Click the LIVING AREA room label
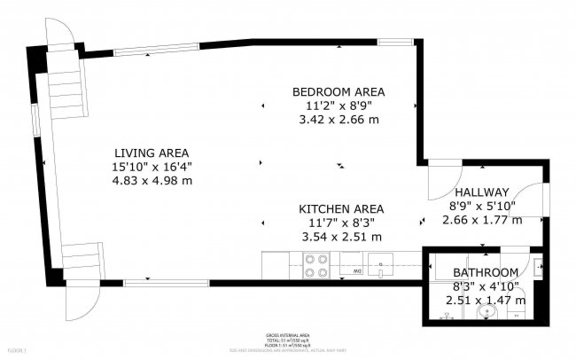tap(152, 152)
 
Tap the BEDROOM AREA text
tap(339, 91)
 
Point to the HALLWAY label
tap(480, 192)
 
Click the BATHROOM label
tap(485, 272)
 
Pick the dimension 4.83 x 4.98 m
tap(152, 180)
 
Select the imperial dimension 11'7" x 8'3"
tap(341, 223)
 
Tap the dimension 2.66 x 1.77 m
tap(480, 220)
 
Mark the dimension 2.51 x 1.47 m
tap(485, 300)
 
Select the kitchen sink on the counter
tap(382, 264)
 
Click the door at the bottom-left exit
tap(78, 306)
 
